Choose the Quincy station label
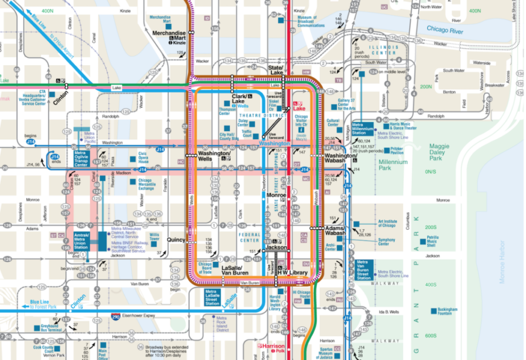coord(176,239)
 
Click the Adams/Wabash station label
coord(335,230)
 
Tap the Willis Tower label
coord(154,238)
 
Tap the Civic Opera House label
coord(142,159)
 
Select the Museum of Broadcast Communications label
coord(311,21)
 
